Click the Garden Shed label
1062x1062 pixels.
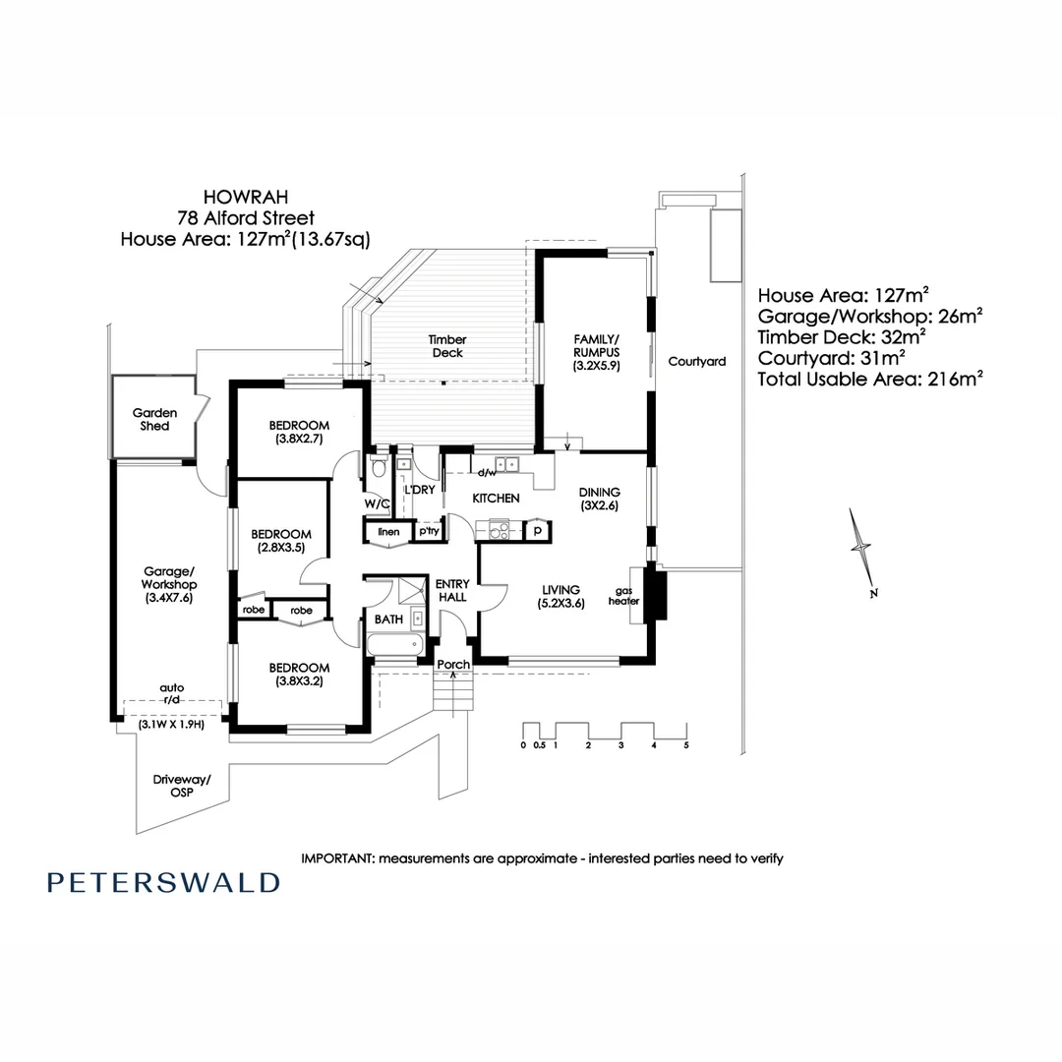point(154,420)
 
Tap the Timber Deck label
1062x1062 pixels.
point(446,346)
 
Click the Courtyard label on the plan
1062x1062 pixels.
point(696,362)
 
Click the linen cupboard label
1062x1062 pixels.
point(388,532)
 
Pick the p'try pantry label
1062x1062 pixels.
point(429,532)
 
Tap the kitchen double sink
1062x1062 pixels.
point(507,465)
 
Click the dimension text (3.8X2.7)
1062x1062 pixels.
point(301,440)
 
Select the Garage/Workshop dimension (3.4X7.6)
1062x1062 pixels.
point(169,597)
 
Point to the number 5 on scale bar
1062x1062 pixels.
point(686,745)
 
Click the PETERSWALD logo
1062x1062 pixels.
point(163,882)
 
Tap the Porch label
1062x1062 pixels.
point(453,665)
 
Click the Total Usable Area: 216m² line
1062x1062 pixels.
point(870,378)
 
